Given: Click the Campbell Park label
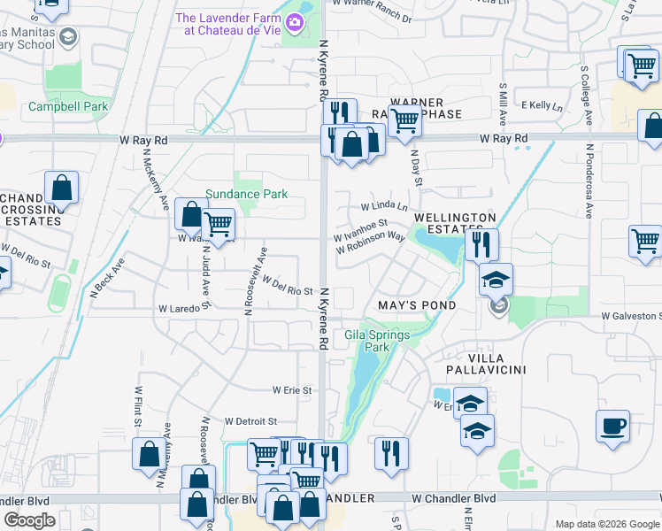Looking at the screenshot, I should point(68,107).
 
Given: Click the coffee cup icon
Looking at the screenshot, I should point(612,427).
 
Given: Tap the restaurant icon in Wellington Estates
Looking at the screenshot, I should point(482,244).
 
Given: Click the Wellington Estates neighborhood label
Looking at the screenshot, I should point(454,222).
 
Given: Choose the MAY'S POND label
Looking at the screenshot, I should point(416,305).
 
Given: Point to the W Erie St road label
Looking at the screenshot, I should point(292,389).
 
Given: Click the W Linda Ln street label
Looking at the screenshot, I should point(383,206).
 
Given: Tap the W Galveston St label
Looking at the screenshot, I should point(630,315).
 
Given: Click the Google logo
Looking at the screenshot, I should point(30,520).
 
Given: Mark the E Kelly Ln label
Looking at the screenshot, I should point(542,105).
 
